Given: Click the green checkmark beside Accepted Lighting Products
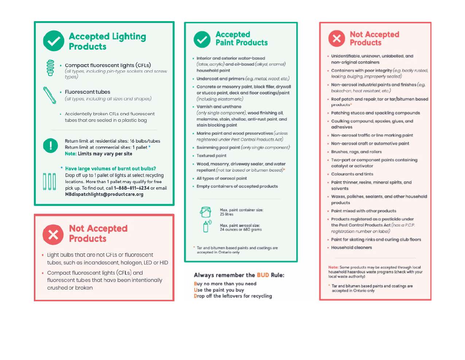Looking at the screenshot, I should [54, 41].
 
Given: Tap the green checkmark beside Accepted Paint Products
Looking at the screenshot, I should [202, 39].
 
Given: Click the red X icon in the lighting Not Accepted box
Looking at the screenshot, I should [53, 235].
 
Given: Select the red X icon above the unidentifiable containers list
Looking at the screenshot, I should [337, 38].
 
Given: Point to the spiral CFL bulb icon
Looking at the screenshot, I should [51, 68].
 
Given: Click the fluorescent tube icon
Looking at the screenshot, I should [49, 95].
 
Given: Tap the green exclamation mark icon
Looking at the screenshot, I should [50, 146].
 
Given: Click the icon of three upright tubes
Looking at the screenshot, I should [50, 181].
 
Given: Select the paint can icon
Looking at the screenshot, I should [206, 212].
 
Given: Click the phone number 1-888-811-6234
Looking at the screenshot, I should [132, 188].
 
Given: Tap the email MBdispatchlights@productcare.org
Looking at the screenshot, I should [104, 194].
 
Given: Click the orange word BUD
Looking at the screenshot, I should [263, 275].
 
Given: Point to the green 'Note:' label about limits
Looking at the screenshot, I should [71, 154].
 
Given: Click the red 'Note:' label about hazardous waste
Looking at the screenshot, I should [333, 267].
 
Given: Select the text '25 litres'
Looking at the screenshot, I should [227, 214].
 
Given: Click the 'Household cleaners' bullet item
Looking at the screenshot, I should [351, 248].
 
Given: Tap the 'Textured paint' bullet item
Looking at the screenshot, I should [211, 156].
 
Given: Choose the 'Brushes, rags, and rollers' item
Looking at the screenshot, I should [356, 152].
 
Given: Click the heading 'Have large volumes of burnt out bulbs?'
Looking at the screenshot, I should [110, 169].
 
